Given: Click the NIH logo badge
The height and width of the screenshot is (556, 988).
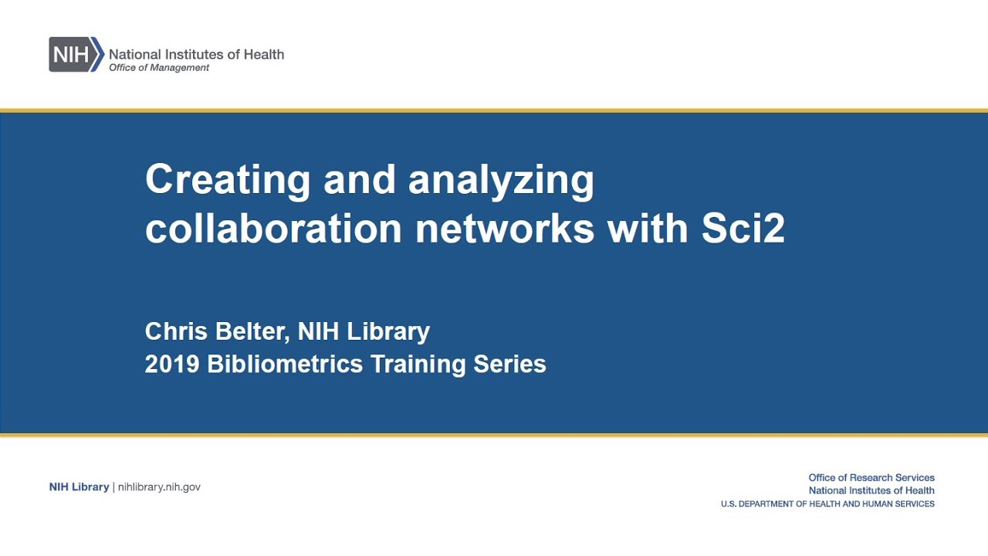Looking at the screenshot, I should pos(76,54).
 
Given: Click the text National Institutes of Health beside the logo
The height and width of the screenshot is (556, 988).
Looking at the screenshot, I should pos(196,54).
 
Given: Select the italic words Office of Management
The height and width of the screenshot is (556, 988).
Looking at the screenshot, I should pos(159,68).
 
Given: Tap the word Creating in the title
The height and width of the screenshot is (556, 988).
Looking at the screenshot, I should pos(228,180).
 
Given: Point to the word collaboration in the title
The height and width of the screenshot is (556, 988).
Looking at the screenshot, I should pos(273,229).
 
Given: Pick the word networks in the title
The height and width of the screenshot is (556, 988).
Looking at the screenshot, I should pos(505,229).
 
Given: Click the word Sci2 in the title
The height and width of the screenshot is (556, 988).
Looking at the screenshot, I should pos(743,229).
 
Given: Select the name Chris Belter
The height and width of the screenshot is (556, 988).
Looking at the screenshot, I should pos(215,331).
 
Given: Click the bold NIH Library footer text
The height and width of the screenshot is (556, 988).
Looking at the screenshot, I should pos(79,487).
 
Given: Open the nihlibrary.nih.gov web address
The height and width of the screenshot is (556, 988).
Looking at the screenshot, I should pos(159,487).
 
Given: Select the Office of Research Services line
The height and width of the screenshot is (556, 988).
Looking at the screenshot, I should pos(871,478).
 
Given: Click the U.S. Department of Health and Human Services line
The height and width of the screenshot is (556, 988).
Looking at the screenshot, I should pos(827,504).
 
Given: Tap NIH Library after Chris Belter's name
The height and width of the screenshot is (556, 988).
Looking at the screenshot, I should pos(364,331).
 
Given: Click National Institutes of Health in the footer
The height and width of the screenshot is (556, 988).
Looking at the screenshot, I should pos(871,490).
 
